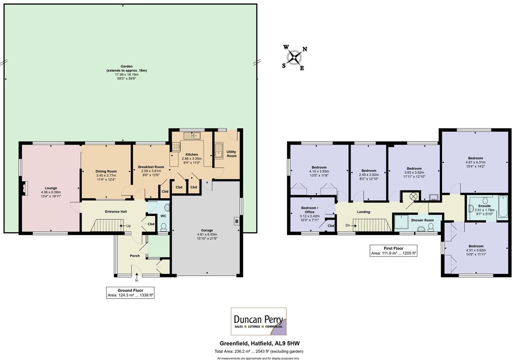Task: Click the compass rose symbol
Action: pyautogui.click(x=294, y=58)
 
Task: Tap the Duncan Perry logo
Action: pyautogui.click(x=259, y=321)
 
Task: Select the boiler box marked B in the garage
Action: pyautogui.click(x=236, y=221)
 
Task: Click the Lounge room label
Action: pyautogui.click(x=51, y=188)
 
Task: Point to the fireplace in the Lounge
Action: pyautogui.click(x=24, y=188)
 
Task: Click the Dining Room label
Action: pyautogui.click(x=106, y=171)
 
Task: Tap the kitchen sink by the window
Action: pyautogui.click(x=192, y=135)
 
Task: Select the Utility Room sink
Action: pyautogui.click(x=219, y=150)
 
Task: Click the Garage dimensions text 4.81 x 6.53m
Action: pyautogui.click(x=207, y=235)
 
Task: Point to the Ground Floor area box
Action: pyautogui.click(x=130, y=292)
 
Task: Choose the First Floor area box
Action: pyautogui.click(x=394, y=251)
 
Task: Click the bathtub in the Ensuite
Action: pyautogui.click(x=503, y=206)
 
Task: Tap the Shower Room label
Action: pyautogui.click(x=422, y=220)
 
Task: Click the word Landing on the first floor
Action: pyautogui.click(x=363, y=212)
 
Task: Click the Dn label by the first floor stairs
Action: pyautogui.click(x=348, y=225)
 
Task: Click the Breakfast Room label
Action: pyautogui.click(x=151, y=167)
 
